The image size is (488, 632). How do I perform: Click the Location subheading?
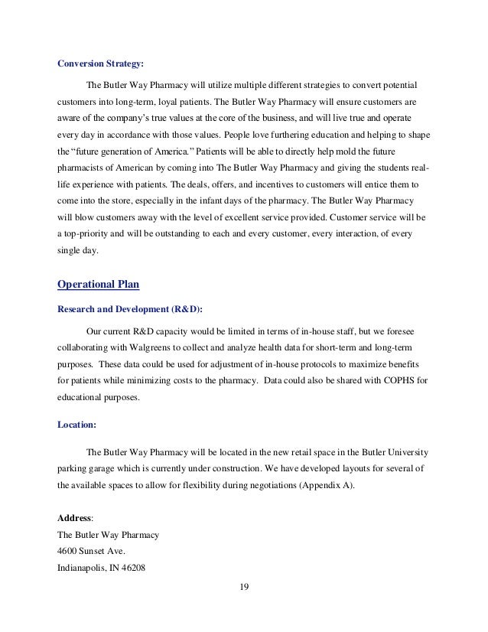[77, 422]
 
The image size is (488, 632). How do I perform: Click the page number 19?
[244, 587]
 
